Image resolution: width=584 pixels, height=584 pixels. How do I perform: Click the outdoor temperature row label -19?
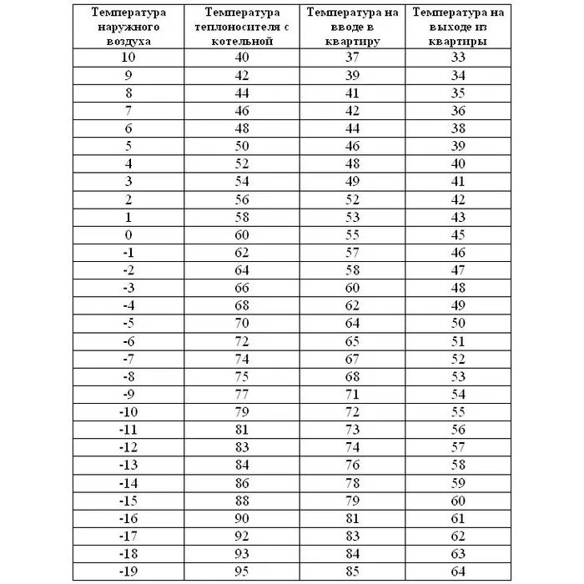(128, 572)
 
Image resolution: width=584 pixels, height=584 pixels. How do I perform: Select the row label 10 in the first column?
(128, 58)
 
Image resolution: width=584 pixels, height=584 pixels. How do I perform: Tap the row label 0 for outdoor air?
(128, 234)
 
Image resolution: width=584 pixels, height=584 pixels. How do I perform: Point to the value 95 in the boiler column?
(243, 572)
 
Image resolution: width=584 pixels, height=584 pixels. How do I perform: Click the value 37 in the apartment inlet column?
(351, 58)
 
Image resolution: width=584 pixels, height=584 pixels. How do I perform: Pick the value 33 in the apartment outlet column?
(457, 58)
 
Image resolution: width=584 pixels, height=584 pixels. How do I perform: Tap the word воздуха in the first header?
(128, 40)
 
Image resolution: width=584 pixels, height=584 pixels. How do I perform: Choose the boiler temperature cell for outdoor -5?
(243, 323)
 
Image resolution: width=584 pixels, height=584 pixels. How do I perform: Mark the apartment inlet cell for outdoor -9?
(351, 394)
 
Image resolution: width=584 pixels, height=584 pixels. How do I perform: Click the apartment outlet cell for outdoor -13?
(457, 465)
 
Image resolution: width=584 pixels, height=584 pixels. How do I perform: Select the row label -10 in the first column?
(128, 412)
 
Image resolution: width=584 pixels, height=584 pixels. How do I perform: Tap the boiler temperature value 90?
(243, 518)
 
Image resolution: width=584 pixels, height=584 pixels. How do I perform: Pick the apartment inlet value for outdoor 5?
(351, 146)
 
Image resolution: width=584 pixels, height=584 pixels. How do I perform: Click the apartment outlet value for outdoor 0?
(457, 234)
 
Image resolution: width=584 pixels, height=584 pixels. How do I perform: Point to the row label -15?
(128, 501)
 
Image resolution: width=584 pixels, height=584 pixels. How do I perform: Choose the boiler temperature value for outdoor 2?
(243, 199)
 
